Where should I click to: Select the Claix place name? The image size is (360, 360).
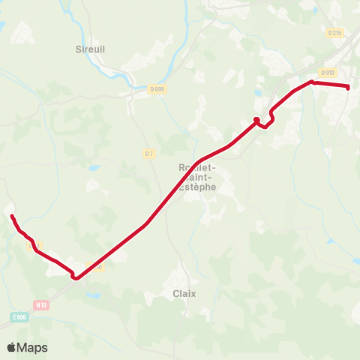[184, 293]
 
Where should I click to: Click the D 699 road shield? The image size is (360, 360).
[157, 89]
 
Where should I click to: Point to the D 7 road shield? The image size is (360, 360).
[148, 154]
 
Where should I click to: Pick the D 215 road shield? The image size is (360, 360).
[334, 32]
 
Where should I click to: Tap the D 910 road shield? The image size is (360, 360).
[327, 73]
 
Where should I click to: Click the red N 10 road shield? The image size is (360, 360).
[41, 304]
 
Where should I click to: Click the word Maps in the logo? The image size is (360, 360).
[32, 347]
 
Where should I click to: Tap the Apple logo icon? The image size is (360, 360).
[11, 347]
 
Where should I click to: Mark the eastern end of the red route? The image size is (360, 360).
[349, 87]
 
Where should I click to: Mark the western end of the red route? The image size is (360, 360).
[11, 216]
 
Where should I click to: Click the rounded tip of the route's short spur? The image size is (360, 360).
[256, 119]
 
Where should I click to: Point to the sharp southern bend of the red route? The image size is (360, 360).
[76, 278]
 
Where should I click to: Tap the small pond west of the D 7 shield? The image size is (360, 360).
[93, 168]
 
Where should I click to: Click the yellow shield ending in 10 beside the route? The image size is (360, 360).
[94, 266]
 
